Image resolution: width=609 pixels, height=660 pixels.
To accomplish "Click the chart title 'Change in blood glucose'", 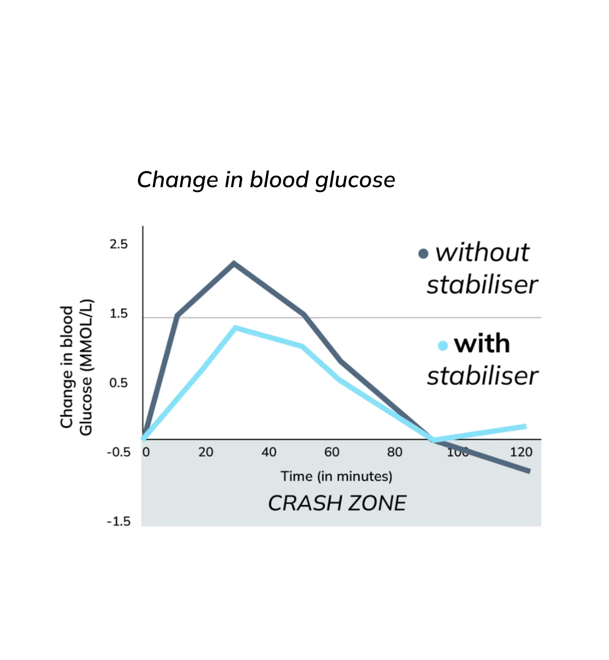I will click(x=266, y=180).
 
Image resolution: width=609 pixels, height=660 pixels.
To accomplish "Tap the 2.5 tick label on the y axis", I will click(x=118, y=244).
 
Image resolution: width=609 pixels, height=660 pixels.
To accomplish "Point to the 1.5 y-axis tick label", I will click(x=118, y=313).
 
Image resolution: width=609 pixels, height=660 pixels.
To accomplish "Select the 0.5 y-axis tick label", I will click(x=118, y=383).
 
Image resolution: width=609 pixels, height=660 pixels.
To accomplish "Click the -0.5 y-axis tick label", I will click(x=118, y=452).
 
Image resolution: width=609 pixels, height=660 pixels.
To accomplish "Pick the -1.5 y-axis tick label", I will click(x=118, y=521).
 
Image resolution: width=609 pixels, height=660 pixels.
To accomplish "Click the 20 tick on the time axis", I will click(x=206, y=452).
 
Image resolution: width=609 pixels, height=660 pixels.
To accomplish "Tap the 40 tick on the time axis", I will click(x=269, y=452).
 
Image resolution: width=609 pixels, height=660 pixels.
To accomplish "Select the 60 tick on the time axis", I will click(x=332, y=452).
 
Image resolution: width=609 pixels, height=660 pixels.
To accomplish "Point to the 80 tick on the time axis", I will click(x=395, y=452).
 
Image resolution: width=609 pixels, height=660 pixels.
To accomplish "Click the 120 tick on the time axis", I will click(x=521, y=452).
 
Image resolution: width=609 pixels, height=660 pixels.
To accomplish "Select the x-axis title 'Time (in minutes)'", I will click(x=336, y=476).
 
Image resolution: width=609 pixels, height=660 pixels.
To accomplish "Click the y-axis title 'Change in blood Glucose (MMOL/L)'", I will click(x=76, y=367).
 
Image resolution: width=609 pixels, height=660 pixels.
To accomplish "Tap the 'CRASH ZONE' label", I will click(x=337, y=503).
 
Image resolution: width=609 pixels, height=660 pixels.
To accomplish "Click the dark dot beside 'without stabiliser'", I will click(x=423, y=253).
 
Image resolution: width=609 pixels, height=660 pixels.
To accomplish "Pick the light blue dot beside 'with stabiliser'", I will click(x=443, y=345).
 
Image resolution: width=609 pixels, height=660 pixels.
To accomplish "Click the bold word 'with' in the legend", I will click(x=482, y=344).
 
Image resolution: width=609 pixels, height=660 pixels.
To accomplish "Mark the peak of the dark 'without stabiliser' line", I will click(x=234, y=263).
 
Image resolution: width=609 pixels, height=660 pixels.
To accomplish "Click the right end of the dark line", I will click(x=528, y=471).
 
